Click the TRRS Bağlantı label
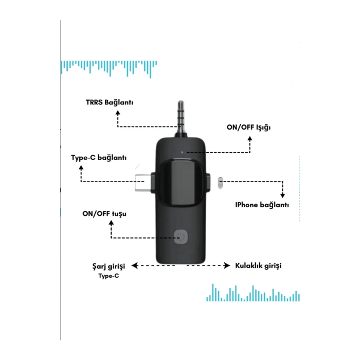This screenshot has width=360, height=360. [x=110, y=102]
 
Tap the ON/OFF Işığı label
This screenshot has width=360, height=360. [x=248, y=128]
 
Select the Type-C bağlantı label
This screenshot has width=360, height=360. [x=99, y=158]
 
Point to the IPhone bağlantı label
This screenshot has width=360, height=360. [x=262, y=205]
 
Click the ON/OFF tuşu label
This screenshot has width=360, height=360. [x=104, y=214]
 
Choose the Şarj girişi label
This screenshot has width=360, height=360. [x=109, y=266]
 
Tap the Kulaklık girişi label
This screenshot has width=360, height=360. [x=258, y=266]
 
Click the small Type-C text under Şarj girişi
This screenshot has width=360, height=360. [x=109, y=276]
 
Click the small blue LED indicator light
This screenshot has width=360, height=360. [x=182, y=152]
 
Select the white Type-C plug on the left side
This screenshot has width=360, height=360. [x=143, y=183]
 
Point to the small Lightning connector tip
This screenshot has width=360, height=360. [x=221, y=183]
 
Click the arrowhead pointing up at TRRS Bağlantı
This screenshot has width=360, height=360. [x=118, y=113]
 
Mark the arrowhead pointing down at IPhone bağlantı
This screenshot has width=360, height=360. [x=283, y=195]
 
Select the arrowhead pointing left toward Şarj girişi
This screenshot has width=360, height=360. [x=135, y=266]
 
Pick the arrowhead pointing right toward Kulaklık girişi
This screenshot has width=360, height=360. [x=227, y=266]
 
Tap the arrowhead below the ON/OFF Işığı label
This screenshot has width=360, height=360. [x=250, y=139]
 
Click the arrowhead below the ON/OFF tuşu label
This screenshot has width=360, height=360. [x=111, y=223]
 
